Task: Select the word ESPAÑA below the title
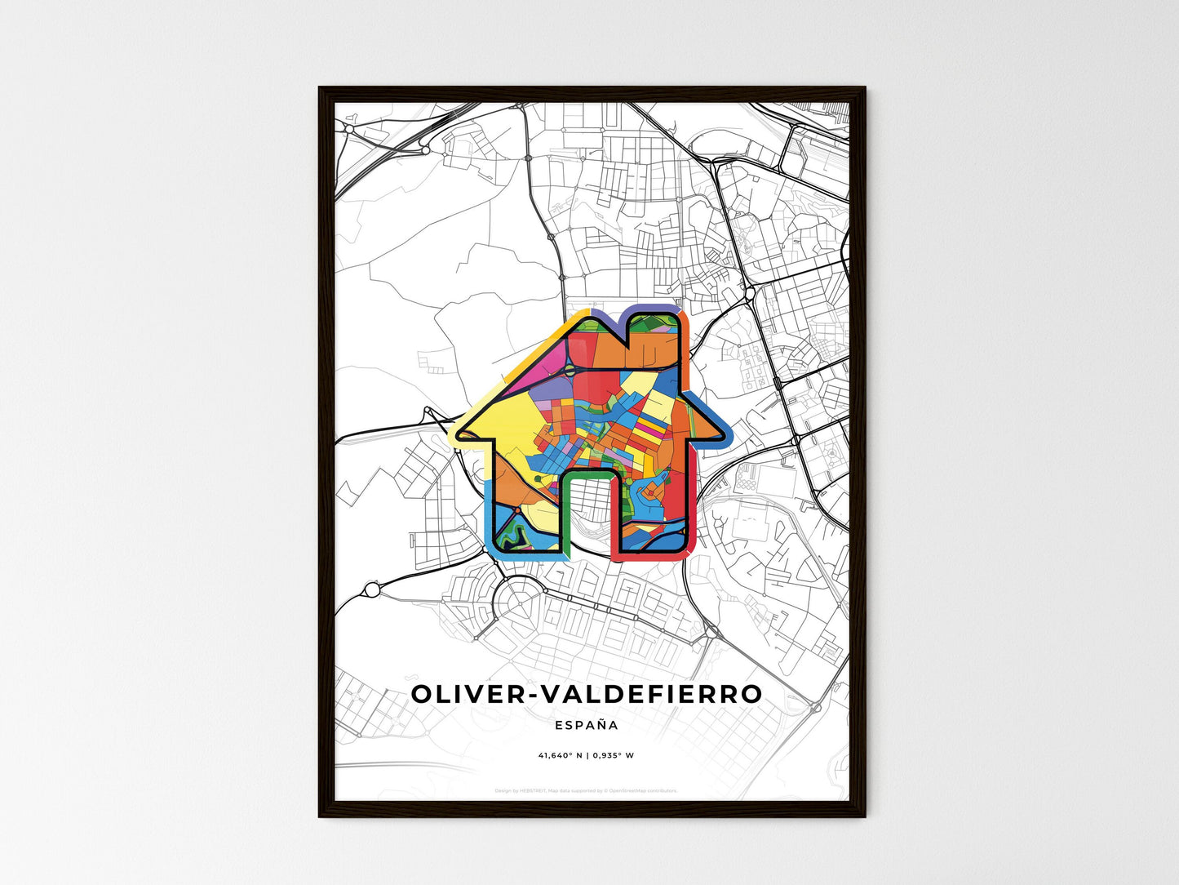pos(586,725)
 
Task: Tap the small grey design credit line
pos(586,790)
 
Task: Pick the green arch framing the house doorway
pos(588,473)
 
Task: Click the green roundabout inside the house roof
pos(538,477)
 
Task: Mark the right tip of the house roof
pos(721,436)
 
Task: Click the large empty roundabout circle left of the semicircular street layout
pos(373,589)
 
